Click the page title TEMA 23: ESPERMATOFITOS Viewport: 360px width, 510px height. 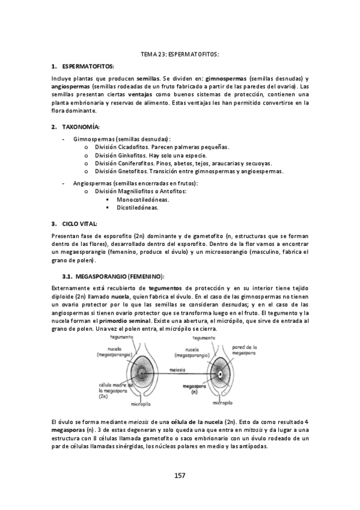180,54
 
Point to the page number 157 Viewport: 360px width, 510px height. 180,475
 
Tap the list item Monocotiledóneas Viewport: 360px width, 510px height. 142,199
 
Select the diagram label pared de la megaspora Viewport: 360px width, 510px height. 245,350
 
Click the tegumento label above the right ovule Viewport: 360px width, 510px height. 203,338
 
